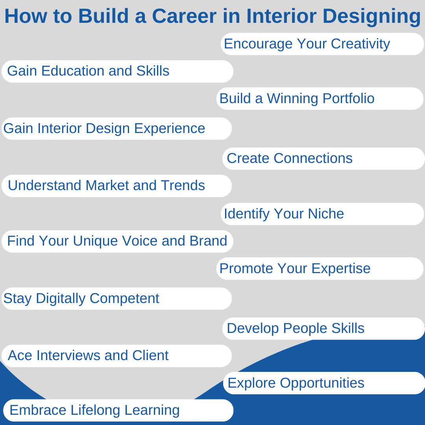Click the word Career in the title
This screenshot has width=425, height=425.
[x=184, y=16]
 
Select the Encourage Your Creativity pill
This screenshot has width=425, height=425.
[x=322, y=44]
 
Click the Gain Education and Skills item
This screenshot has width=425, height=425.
[x=117, y=71]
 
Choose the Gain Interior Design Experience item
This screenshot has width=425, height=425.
[x=116, y=128]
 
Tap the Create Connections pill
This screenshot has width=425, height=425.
[x=323, y=159]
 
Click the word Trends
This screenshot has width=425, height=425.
[x=183, y=185]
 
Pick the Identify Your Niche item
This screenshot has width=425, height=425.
[x=322, y=214]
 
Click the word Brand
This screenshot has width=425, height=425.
[x=208, y=241]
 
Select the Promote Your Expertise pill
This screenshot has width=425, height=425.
[x=320, y=268]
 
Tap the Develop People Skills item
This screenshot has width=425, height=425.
[x=323, y=329]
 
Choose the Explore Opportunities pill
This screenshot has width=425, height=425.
[x=324, y=383]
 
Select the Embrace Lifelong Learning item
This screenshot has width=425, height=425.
[x=118, y=410]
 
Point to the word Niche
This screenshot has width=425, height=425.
[x=326, y=214]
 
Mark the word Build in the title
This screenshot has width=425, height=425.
[x=103, y=16]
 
